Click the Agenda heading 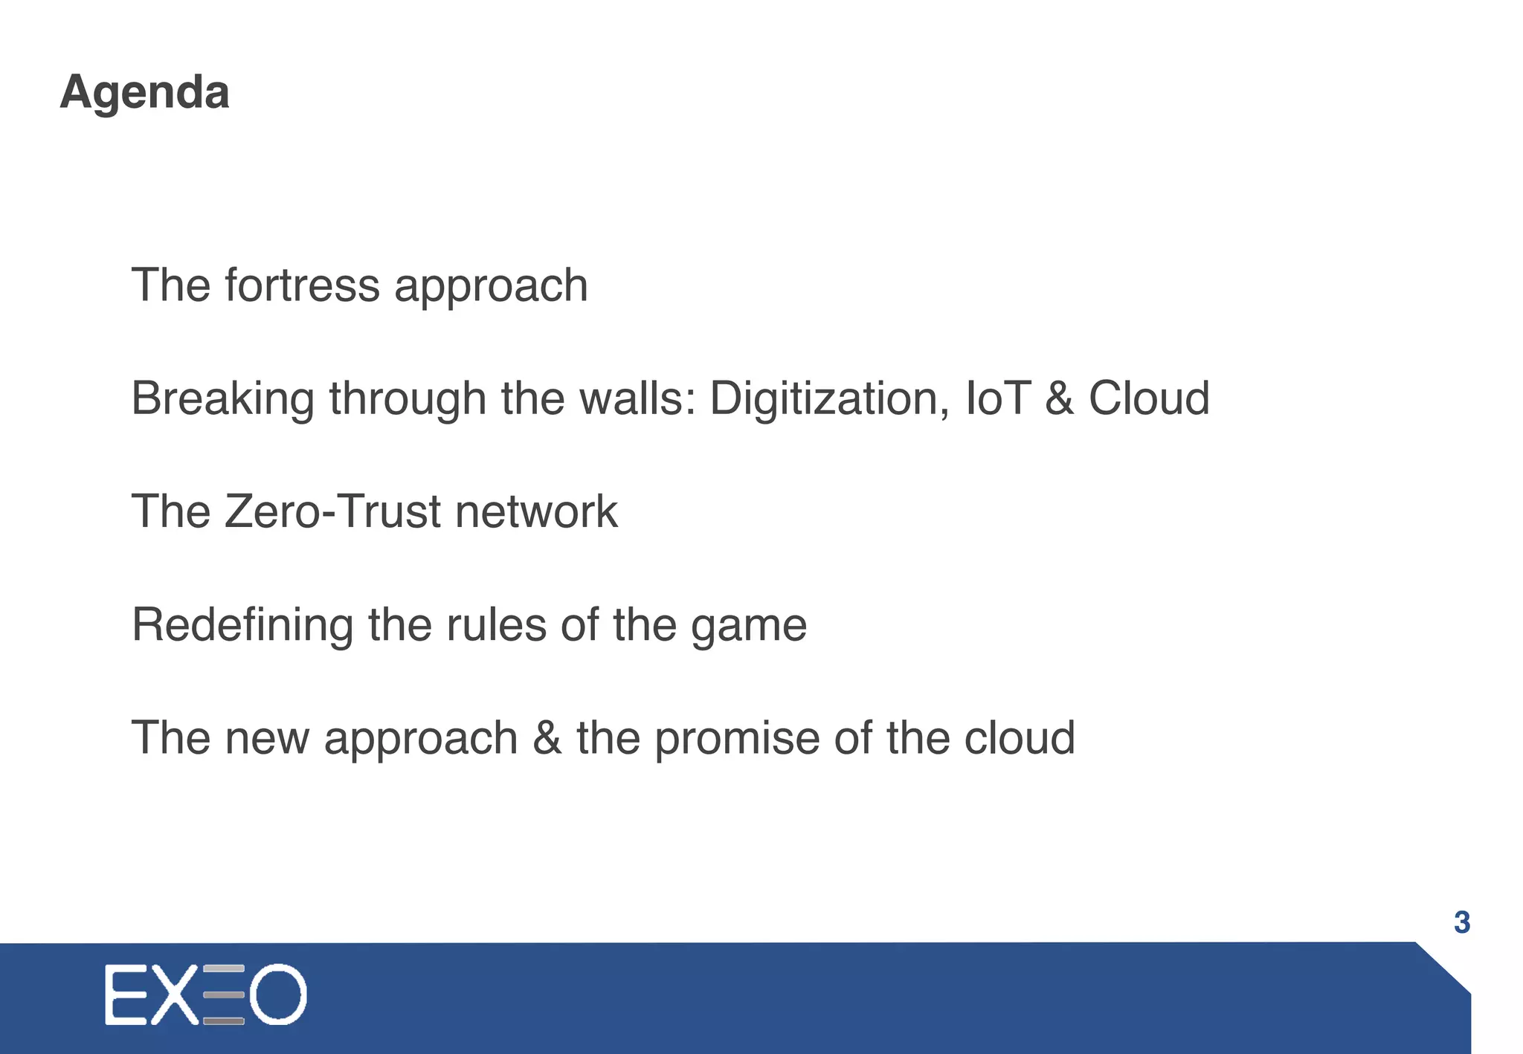click(x=144, y=93)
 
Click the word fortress click(x=302, y=285)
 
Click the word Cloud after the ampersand click(x=1149, y=398)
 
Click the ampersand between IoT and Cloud click(x=1059, y=398)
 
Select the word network click(x=536, y=512)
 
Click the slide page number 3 click(x=1461, y=922)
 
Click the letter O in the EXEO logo click(x=277, y=995)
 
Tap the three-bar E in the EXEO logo click(x=223, y=995)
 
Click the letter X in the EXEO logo click(x=176, y=995)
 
